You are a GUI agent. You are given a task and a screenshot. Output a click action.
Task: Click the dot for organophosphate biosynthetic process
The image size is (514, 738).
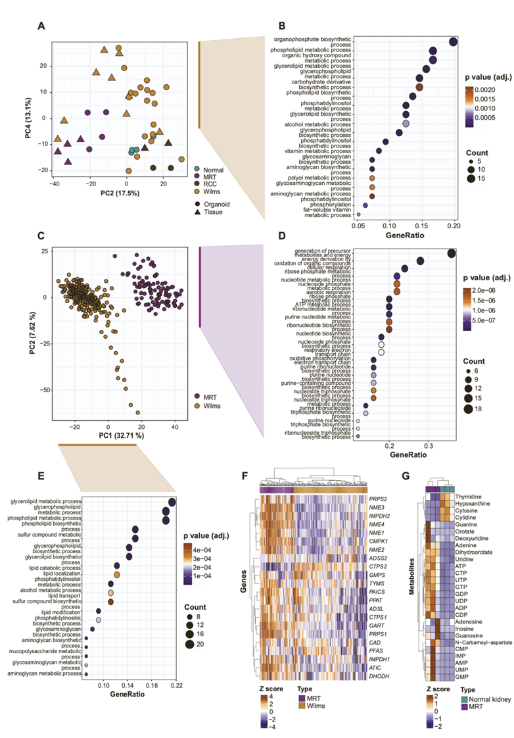tap(453, 42)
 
